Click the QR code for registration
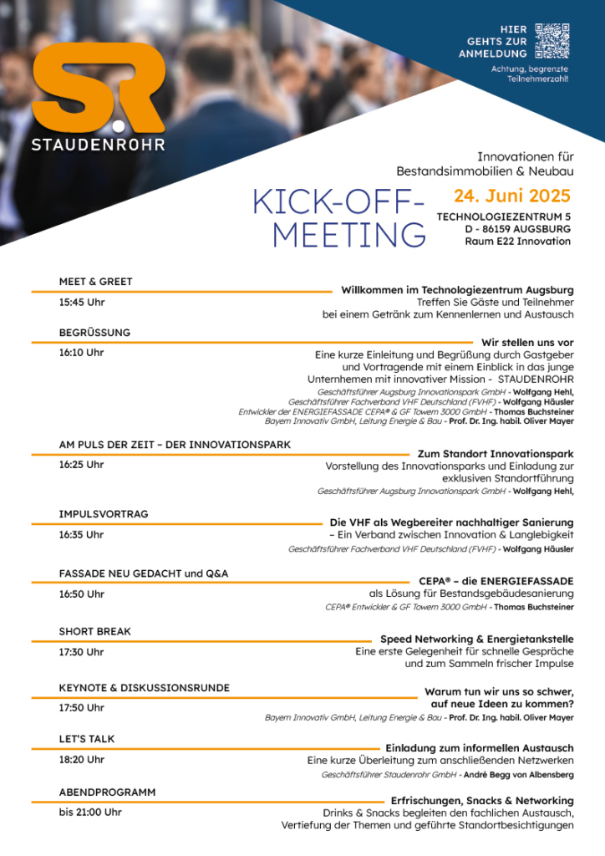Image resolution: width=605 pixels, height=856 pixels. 552,42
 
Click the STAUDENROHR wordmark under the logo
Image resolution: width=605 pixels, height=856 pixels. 98,144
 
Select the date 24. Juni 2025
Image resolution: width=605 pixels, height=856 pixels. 512,196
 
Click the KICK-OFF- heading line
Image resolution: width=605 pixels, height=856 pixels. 338,202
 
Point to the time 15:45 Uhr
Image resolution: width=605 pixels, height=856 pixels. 82,303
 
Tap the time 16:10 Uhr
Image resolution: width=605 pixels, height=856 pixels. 82,353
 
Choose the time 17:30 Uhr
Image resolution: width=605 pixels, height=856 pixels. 82,652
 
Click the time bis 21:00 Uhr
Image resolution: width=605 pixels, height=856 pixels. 90,812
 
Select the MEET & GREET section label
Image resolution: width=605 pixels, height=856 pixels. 95,282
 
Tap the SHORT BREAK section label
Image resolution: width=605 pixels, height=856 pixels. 94,631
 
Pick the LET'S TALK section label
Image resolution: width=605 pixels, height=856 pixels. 87,739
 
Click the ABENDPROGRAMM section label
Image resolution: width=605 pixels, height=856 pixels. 107,791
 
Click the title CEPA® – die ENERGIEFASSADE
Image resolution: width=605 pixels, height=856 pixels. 496,580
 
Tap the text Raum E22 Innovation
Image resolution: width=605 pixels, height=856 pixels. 518,242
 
